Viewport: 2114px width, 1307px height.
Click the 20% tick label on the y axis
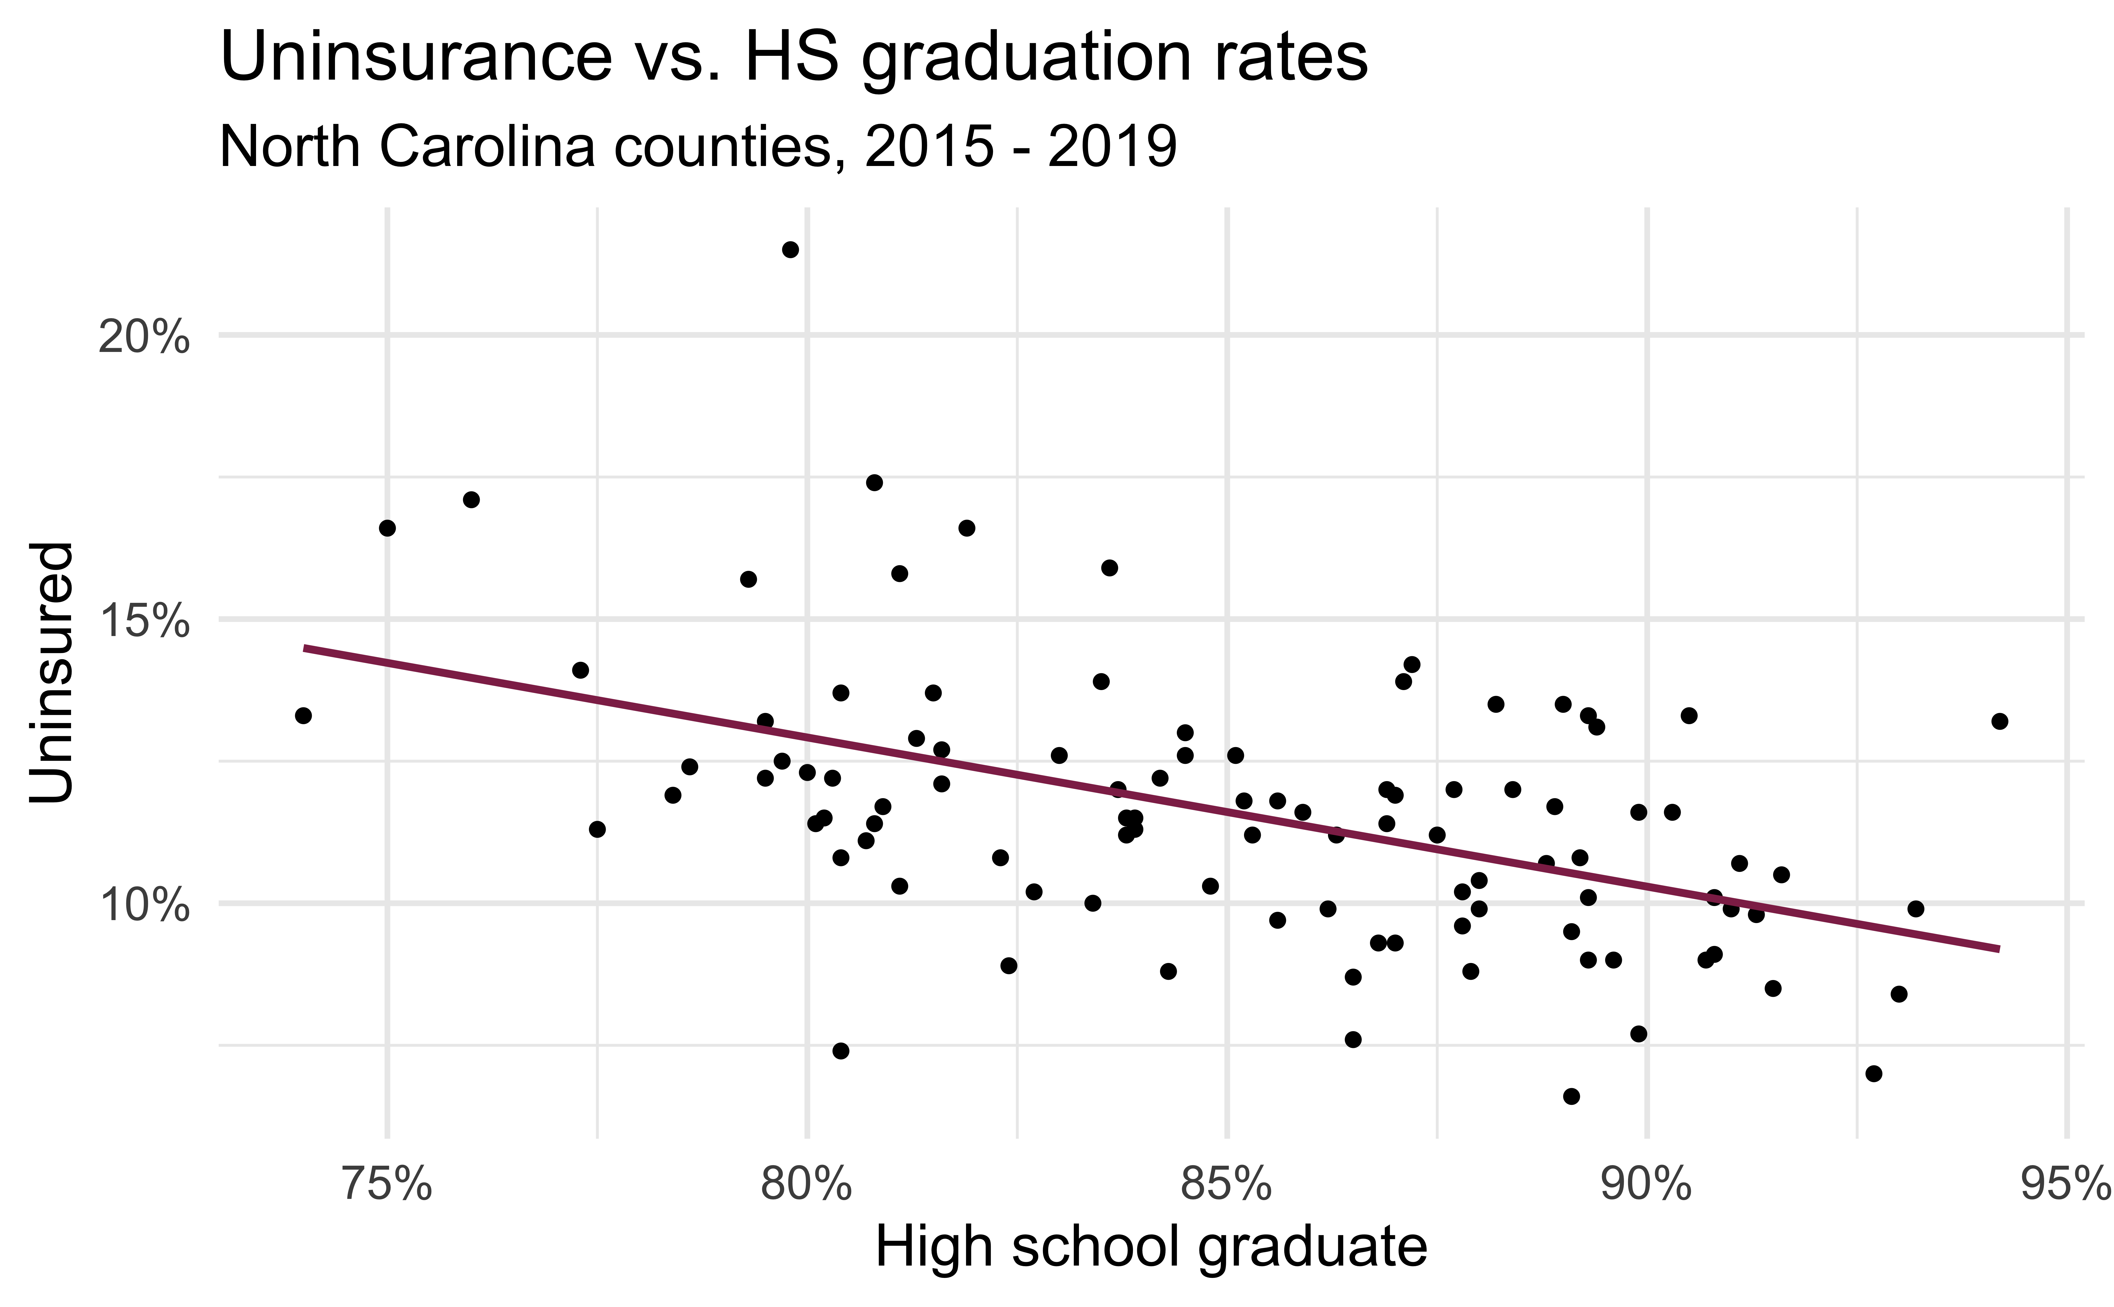coord(143,337)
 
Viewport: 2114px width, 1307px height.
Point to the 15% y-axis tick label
coord(143,622)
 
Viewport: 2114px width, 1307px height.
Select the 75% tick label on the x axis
coord(386,1184)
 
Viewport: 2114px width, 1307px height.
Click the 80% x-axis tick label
coord(806,1184)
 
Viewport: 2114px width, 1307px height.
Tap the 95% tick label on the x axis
coord(2065,1184)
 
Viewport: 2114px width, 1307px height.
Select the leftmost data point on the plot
coord(303,715)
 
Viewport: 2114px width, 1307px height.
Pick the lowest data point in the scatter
coord(1571,1096)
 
